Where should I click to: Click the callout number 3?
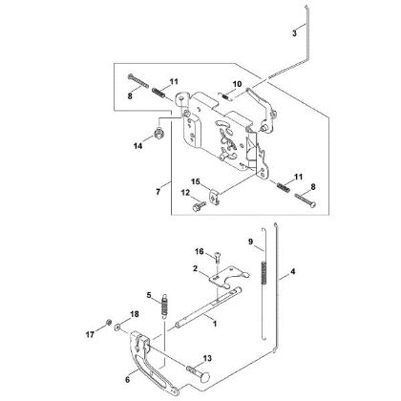(x=294, y=33)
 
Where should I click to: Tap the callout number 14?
(x=138, y=146)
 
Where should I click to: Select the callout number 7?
(x=158, y=192)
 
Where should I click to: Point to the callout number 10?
(x=237, y=84)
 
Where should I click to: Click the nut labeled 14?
(x=158, y=132)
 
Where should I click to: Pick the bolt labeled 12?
(x=199, y=205)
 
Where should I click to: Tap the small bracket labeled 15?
(x=215, y=197)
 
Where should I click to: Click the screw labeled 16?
(x=218, y=257)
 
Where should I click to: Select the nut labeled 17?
(x=108, y=322)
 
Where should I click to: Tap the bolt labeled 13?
(x=199, y=373)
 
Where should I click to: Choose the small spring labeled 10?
(x=225, y=95)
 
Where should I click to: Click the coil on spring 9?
(x=264, y=272)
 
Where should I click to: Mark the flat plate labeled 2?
(x=227, y=276)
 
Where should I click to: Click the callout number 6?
(x=128, y=380)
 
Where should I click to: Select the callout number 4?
(x=293, y=271)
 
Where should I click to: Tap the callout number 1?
(x=215, y=324)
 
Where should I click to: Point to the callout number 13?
(x=207, y=358)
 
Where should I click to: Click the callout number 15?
(x=196, y=181)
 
